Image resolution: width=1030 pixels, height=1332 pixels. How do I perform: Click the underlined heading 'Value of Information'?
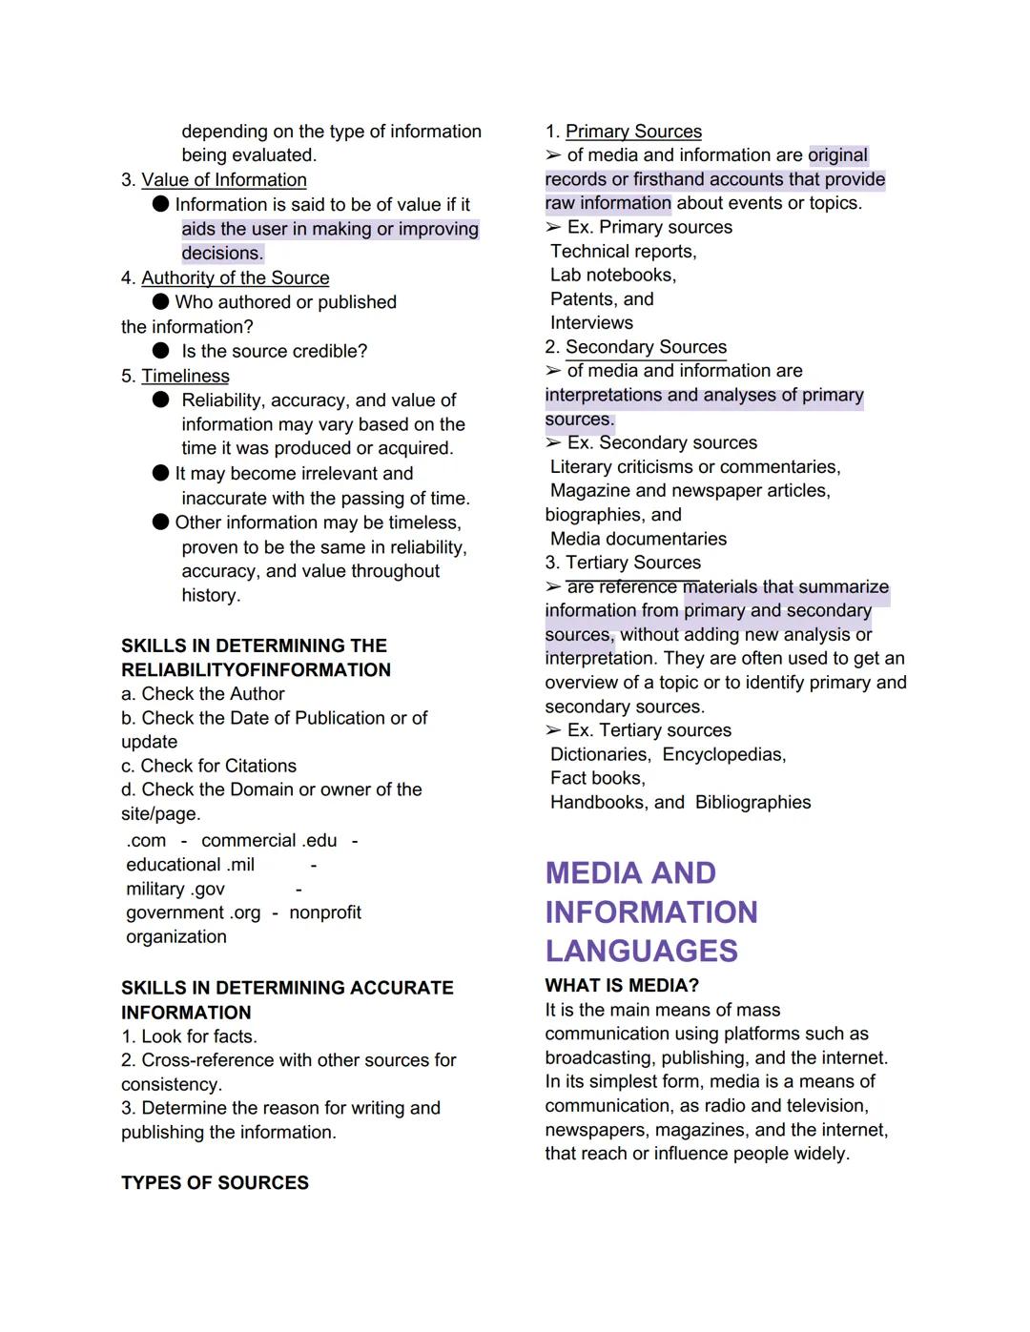coord(224,180)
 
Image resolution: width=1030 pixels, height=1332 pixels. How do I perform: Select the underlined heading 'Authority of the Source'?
coord(235,277)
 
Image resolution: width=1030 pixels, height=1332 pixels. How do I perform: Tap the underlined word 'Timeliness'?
coord(185,376)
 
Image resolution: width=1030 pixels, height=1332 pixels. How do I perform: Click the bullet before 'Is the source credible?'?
coord(160,351)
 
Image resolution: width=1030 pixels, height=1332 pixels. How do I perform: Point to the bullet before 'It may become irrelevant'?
coord(160,473)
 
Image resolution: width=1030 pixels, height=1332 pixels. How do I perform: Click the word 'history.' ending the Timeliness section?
coord(211,595)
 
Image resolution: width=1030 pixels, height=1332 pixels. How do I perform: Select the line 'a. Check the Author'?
coord(202,694)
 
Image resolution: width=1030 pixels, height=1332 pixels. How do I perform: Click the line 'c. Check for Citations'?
coord(208,766)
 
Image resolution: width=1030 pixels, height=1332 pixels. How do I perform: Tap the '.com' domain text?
coord(146,840)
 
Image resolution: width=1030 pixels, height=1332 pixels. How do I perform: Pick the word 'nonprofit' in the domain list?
coord(325,912)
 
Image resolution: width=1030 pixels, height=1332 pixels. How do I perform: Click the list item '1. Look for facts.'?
coord(189,1036)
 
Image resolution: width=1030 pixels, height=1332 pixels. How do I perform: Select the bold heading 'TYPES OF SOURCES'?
coord(215,1182)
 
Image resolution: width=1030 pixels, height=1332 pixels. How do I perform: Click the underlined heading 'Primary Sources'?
coord(633,132)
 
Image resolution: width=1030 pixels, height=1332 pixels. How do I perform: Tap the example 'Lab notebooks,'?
coord(613,275)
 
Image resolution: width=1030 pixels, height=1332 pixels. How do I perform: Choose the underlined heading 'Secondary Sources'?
coord(646,347)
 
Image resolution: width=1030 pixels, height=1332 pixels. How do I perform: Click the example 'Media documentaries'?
coord(638,539)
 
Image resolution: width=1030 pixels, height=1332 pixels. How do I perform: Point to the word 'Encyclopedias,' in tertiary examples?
coord(724,754)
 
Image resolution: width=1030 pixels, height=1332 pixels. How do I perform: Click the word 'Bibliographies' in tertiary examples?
coord(752,802)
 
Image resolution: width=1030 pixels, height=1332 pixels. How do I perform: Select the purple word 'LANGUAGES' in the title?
coord(641,951)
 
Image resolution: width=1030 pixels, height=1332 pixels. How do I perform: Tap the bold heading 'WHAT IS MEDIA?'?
coord(622,985)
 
